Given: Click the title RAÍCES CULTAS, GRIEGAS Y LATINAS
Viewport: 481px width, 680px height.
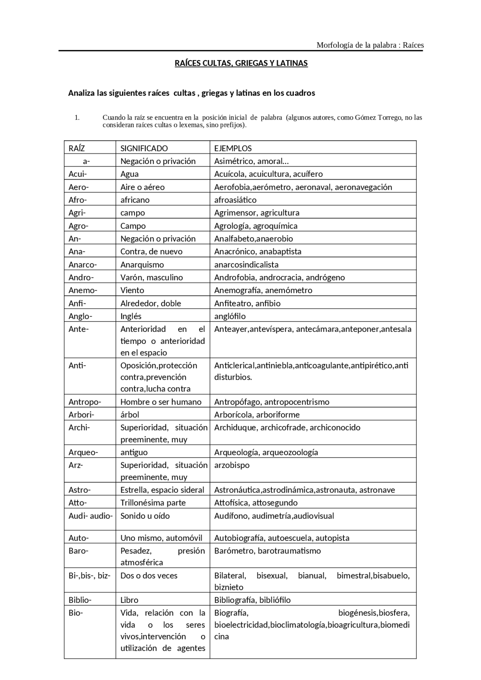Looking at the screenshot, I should click(241, 63).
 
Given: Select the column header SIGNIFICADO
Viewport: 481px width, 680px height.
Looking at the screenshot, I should click(144, 148).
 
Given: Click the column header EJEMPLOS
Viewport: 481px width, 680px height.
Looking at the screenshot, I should click(233, 148).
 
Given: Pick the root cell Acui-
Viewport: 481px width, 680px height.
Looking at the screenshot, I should click(78, 174).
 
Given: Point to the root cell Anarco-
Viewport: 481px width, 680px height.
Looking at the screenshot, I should click(83, 265).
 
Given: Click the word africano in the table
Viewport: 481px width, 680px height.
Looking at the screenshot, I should click(135, 200).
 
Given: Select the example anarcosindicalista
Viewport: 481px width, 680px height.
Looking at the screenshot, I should click(247, 265).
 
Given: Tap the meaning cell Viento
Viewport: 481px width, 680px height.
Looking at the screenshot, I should click(132, 290).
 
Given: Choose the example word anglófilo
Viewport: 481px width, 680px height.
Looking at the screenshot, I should click(230, 316).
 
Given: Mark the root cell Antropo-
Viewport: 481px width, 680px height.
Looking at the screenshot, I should click(85, 402).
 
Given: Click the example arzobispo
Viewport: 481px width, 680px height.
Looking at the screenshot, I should click(232, 465).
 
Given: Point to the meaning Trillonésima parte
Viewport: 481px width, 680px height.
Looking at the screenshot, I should click(153, 503).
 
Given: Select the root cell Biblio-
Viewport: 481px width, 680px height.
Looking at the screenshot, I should click(80, 600).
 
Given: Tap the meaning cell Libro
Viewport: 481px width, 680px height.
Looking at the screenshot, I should click(129, 600).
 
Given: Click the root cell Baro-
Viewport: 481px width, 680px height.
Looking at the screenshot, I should click(78, 551).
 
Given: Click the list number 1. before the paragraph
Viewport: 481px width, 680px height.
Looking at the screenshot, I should click(77, 118).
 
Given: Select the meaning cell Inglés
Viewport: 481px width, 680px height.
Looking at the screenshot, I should click(131, 316).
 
